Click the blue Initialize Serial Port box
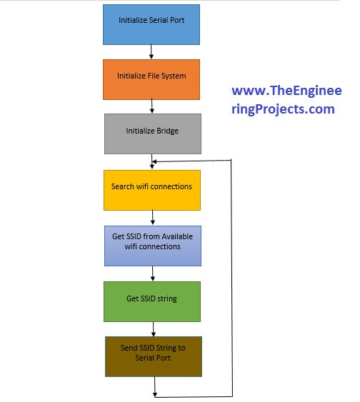click(x=151, y=24)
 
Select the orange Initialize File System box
click(x=151, y=79)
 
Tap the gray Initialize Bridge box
click(x=153, y=134)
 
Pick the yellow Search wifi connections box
click(x=152, y=190)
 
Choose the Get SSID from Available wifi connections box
click(x=153, y=246)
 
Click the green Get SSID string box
click(x=152, y=301)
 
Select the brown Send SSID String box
click(x=154, y=356)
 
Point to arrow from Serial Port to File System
click(x=151, y=52)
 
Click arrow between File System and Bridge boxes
click(x=152, y=106)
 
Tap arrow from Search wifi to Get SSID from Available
click(x=153, y=218)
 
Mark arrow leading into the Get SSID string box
click(x=153, y=273)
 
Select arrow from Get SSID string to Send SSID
click(x=154, y=329)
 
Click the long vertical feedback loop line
click(x=232, y=278)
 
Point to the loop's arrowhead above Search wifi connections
click(x=154, y=162)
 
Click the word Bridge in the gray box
click(x=168, y=131)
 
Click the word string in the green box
click(x=167, y=299)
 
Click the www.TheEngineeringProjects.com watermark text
click(x=286, y=100)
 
